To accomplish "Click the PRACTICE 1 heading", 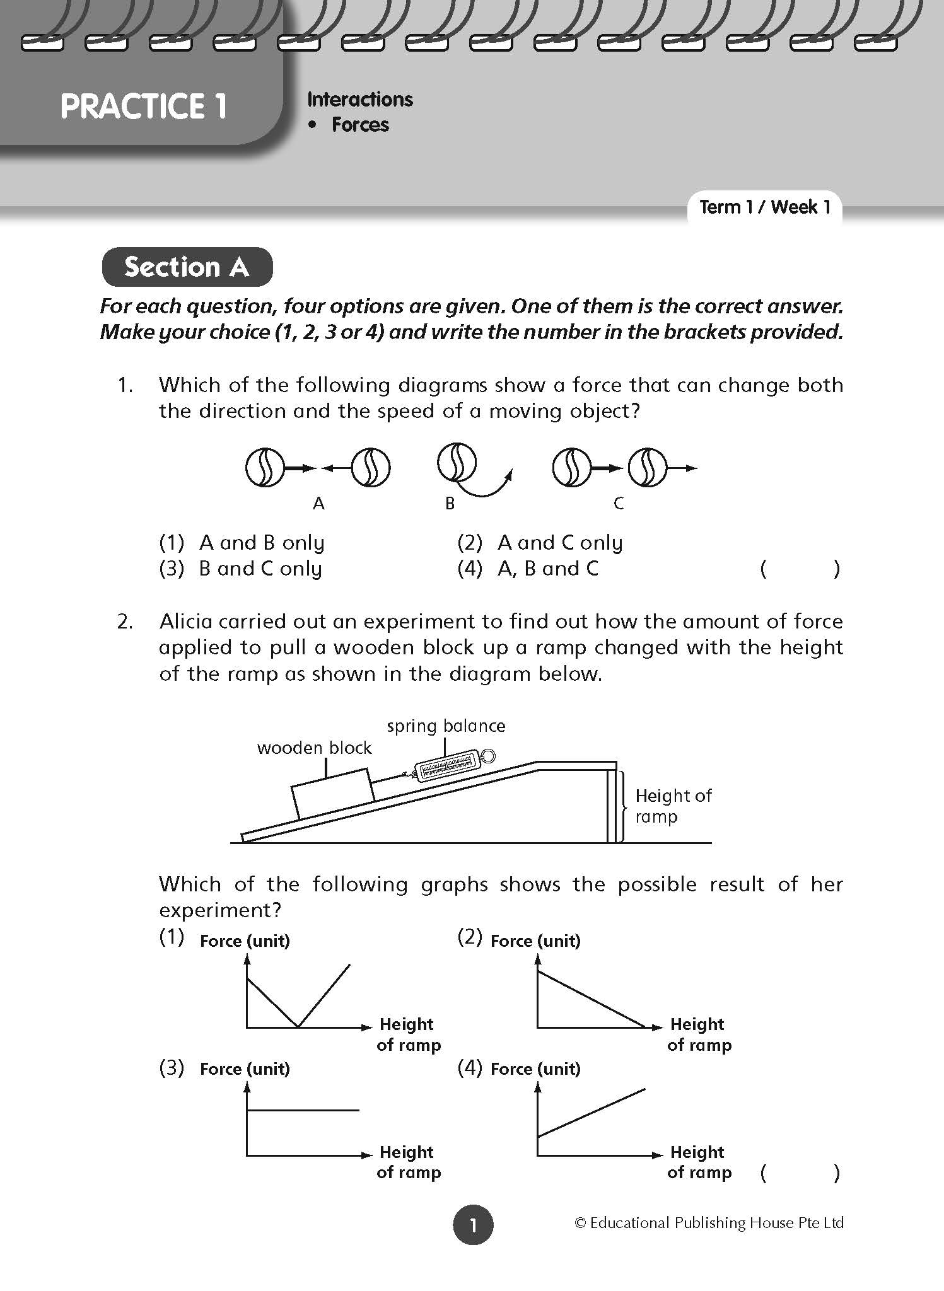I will coord(143,106).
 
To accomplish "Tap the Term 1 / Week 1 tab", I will coord(765,207).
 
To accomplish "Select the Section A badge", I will coord(187,267).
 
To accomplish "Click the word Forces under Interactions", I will coord(360,125).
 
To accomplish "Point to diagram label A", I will coord(319,503).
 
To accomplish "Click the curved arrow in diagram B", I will coord(489,489).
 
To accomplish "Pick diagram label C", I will coord(619,503).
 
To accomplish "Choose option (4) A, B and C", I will coord(528,569).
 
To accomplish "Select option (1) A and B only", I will coord(242,543).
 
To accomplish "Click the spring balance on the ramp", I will coord(449,765).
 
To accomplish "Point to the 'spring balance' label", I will coord(446,726).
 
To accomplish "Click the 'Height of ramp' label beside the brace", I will coord(673,806).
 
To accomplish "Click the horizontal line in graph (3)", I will coord(303,1110).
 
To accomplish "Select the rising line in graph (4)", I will coord(591,1113).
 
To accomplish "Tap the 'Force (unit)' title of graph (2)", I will coord(535,941).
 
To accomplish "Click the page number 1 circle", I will coord(472,1225).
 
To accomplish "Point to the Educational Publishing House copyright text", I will coord(709,1223).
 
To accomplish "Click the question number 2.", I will coord(125,622).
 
